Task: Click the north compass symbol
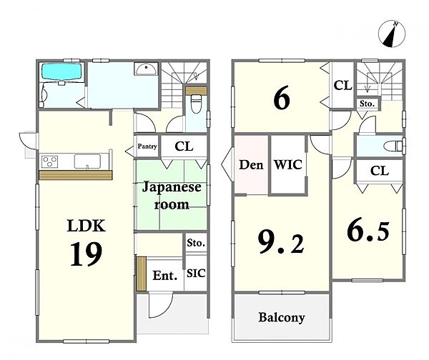point(392,34)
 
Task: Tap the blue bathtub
point(62,72)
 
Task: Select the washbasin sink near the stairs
point(146,69)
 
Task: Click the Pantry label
point(147,146)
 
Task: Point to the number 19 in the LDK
point(87,254)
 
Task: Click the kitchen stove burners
point(49,161)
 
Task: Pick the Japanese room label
point(172,196)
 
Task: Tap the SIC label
point(196,274)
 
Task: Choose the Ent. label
point(165,276)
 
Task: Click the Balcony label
point(282,318)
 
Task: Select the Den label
point(251,165)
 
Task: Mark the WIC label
point(288,164)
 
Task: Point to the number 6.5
point(368,231)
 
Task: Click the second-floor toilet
point(393,146)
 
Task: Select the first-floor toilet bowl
point(196,104)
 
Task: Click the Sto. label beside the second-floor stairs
point(367,104)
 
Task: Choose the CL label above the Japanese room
point(184,146)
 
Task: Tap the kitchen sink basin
point(87,161)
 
